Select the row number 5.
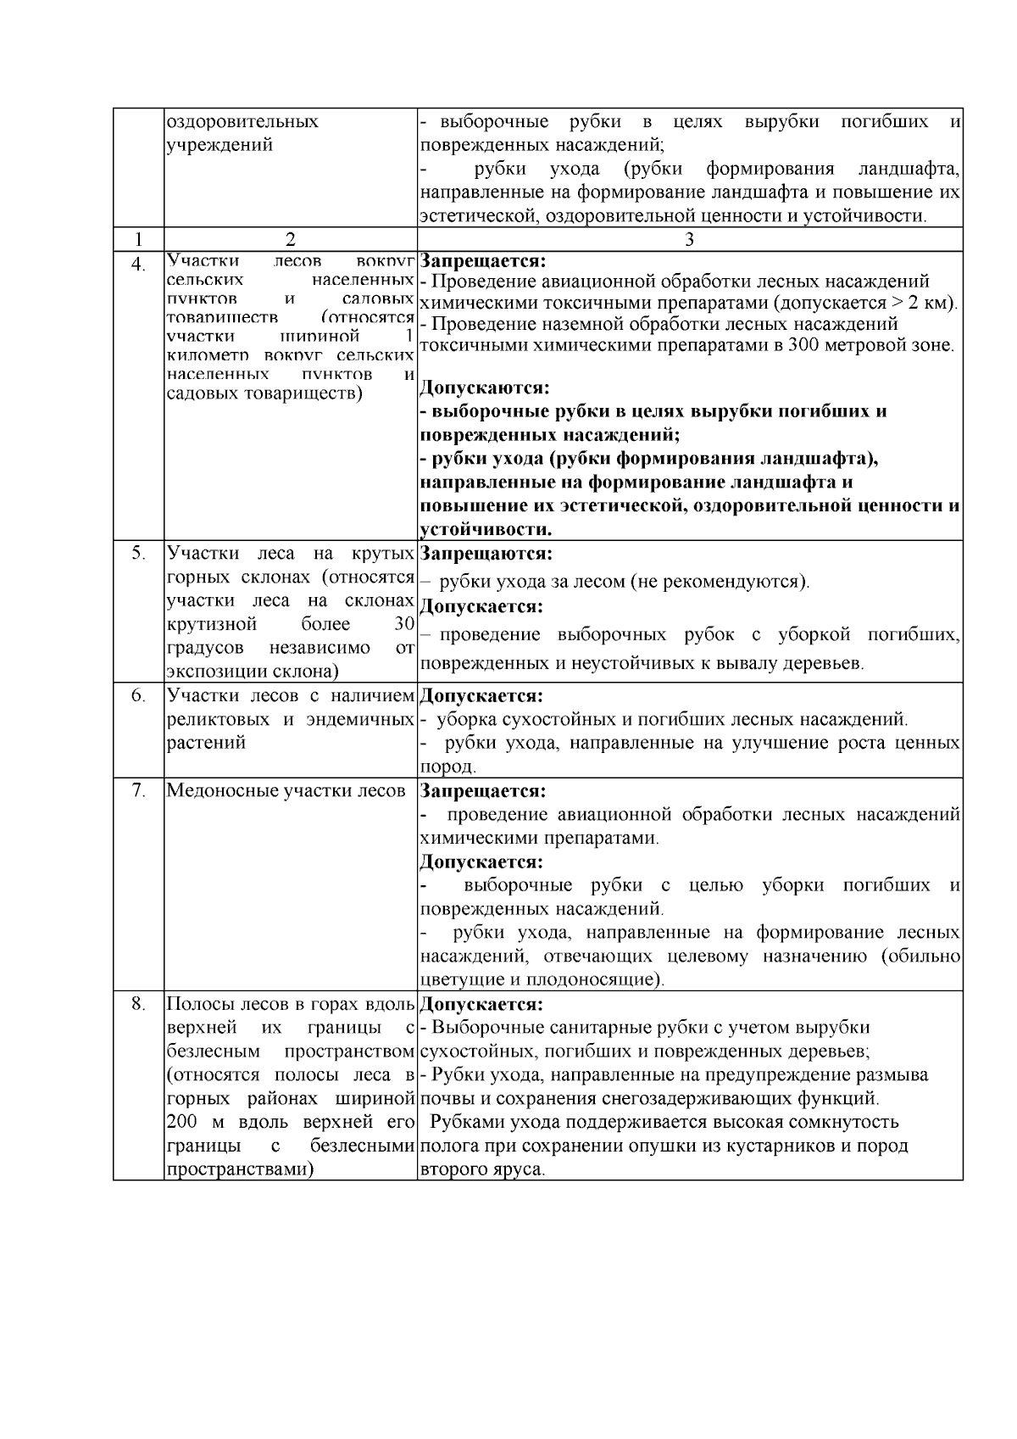click(x=138, y=554)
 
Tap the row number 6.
click(x=138, y=696)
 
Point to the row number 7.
click(x=138, y=791)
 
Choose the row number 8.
click(x=138, y=1004)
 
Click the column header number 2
click(x=290, y=239)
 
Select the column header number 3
click(x=689, y=239)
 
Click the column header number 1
click(x=138, y=239)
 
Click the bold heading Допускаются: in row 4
click(x=485, y=388)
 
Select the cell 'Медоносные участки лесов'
click(x=286, y=791)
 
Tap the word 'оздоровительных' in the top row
click(x=242, y=121)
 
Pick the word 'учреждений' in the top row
click(x=220, y=145)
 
